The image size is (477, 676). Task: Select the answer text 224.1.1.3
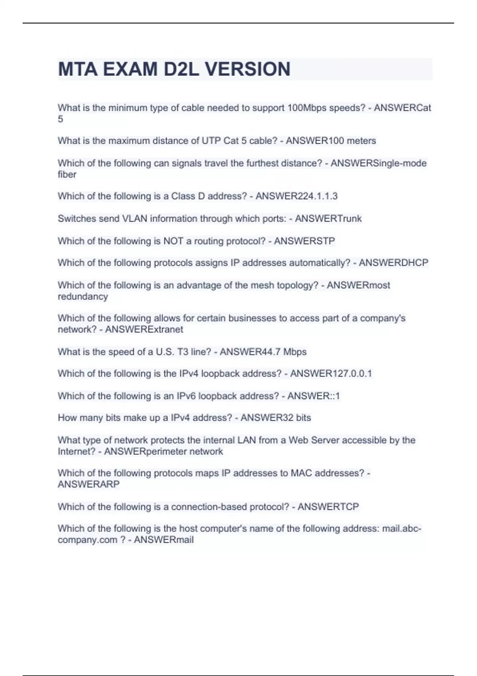tap(316, 196)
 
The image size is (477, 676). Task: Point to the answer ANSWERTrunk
tap(328, 219)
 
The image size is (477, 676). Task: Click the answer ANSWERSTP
tap(304, 241)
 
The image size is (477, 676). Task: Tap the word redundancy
tap(83, 297)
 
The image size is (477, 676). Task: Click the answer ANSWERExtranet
tap(144, 330)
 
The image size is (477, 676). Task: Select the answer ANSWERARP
tap(89, 484)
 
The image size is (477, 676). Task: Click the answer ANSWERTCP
tap(328, 507)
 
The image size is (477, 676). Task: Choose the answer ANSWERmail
tap(164, 540)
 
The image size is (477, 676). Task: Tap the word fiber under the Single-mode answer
tap(67, 175)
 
